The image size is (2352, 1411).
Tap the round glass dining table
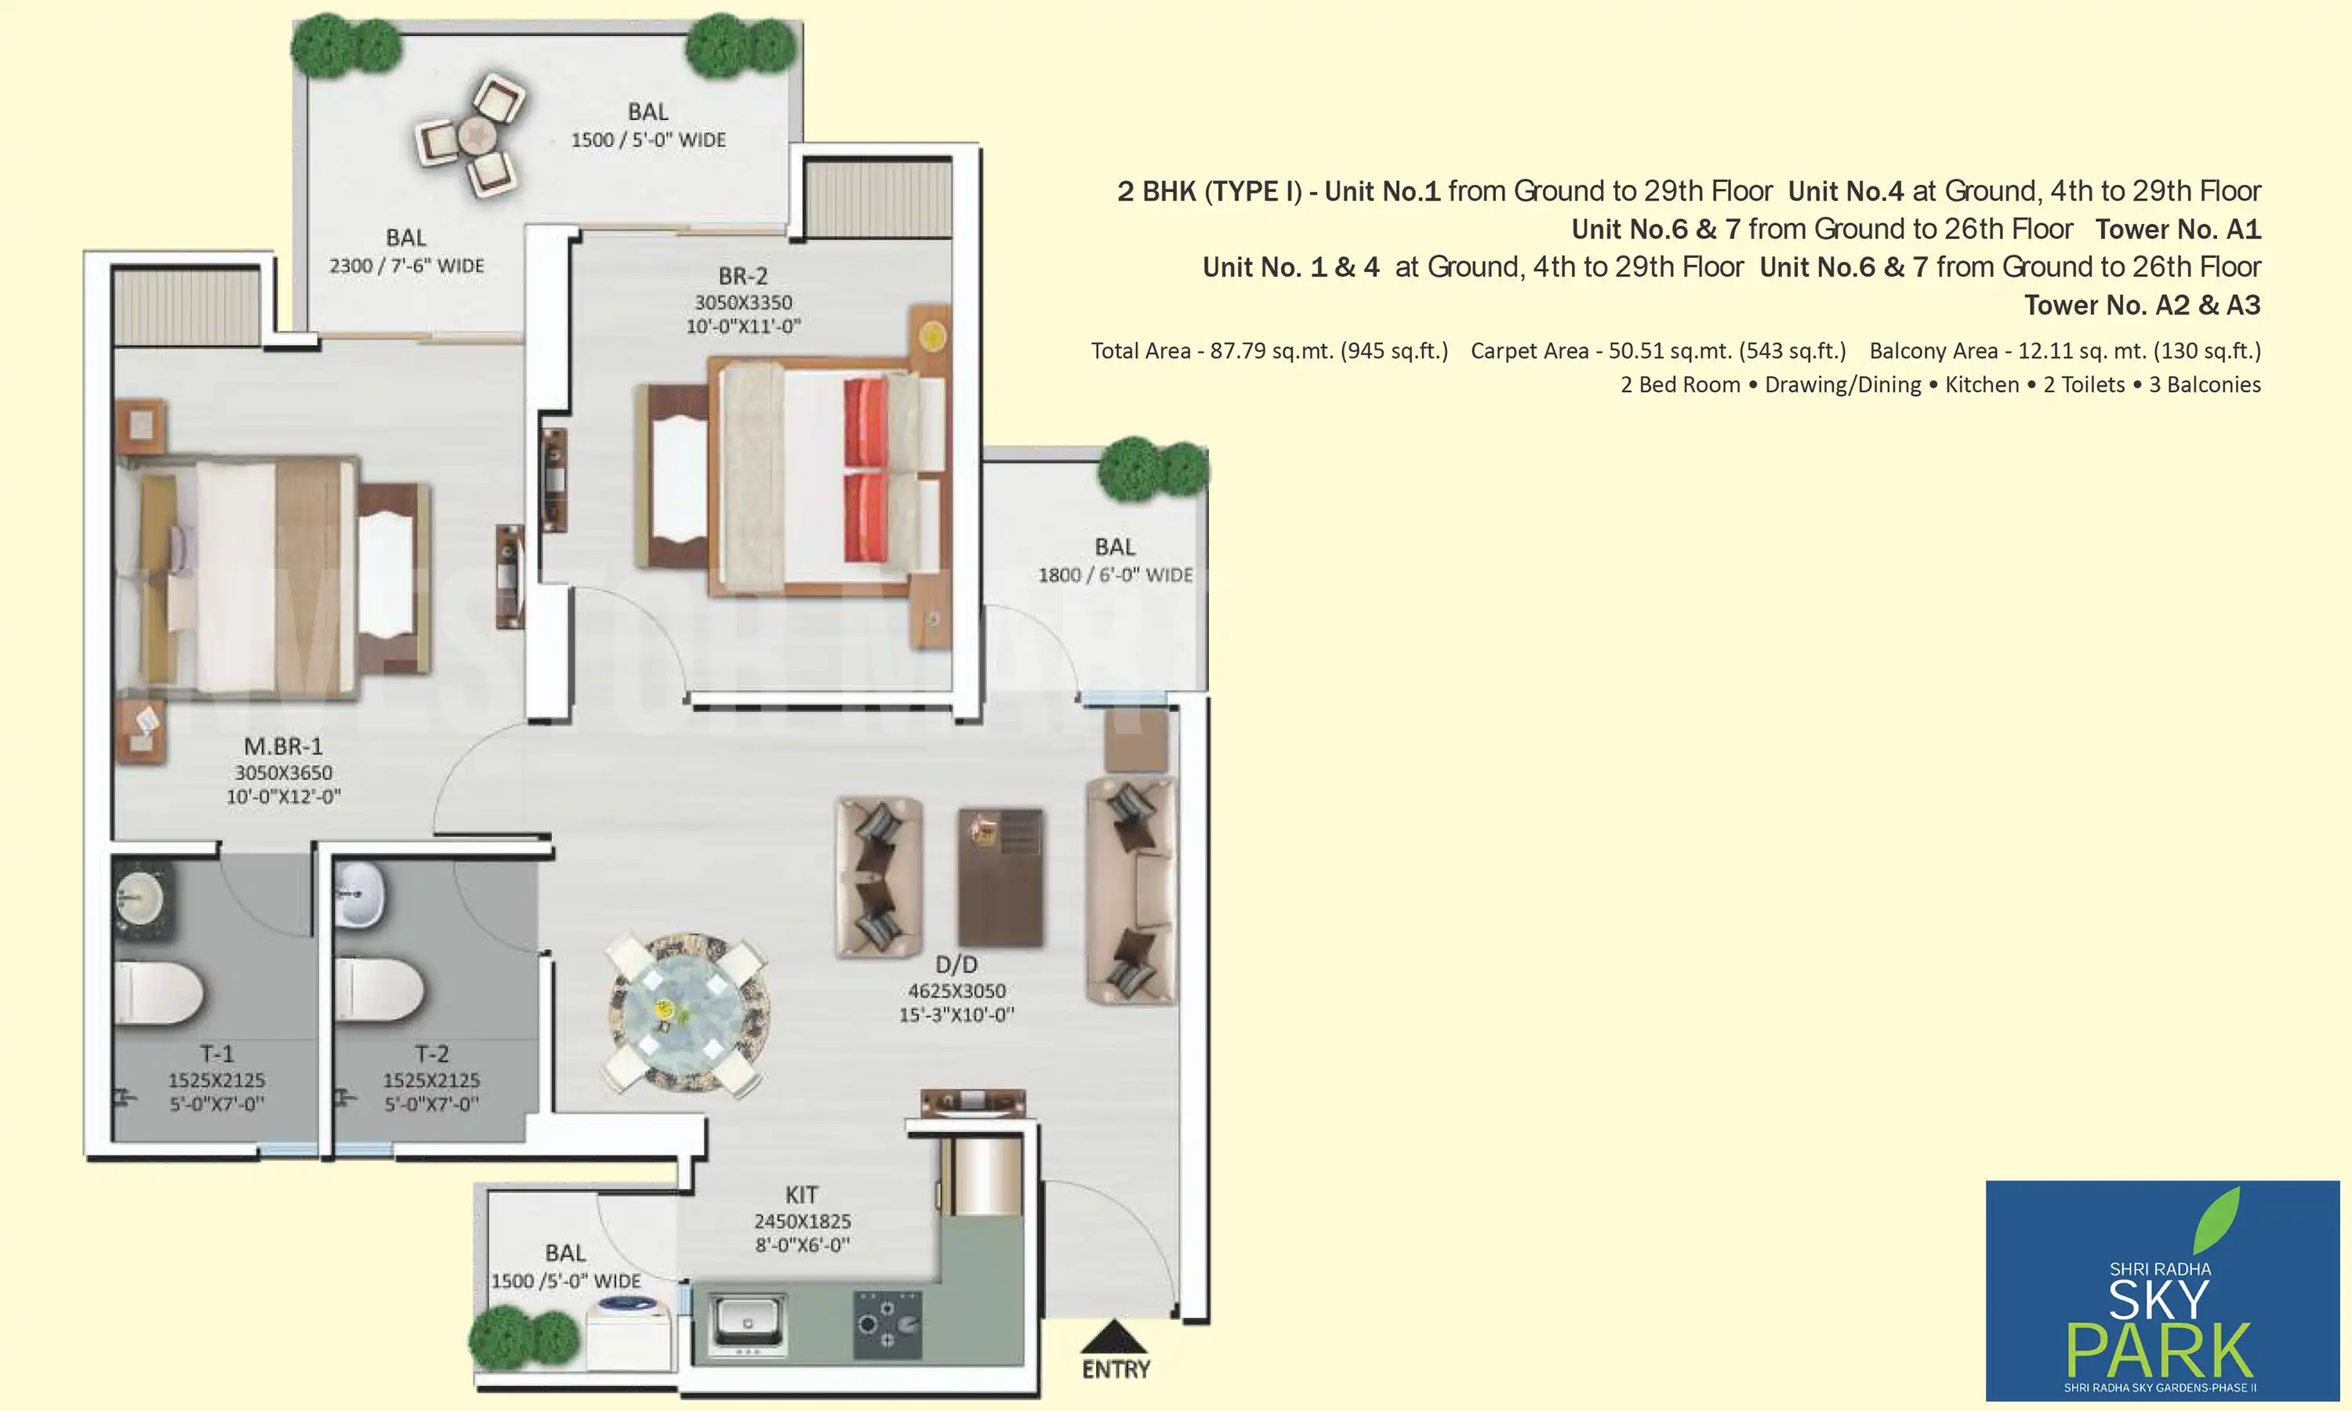click(x=688, y=1012)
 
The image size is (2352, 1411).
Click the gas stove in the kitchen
click(x=887, y=1323)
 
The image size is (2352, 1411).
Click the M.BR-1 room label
click(x=282, y=747)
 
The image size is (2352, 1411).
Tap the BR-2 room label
click(x=742, y=277)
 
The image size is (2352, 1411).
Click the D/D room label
click(x=956, y=965)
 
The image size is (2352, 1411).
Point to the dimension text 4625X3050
click(x=956, y=991)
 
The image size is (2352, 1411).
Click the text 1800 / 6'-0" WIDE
click(x=1115, y=575)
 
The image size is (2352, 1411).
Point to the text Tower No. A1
click(x=2177, y=229)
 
